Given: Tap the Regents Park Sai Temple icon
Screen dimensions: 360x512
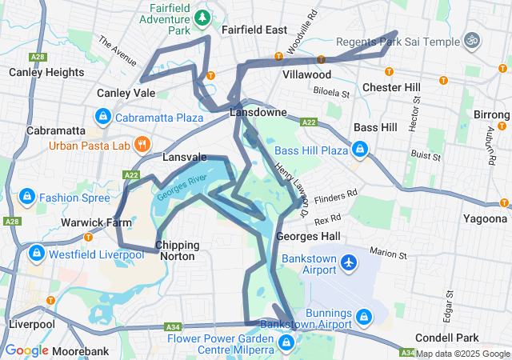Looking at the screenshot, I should pos(472,41).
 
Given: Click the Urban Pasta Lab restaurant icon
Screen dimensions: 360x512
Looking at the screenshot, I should pos(142,145).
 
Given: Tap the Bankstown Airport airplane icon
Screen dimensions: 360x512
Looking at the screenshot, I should pos(348,262).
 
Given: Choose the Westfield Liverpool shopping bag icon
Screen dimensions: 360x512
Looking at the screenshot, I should pos(36,254).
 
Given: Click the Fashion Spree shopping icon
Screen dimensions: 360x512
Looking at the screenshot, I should pos(26,197).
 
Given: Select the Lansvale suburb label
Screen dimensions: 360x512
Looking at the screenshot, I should pos(185,158).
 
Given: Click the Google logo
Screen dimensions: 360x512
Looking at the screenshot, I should pos(26,350).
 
